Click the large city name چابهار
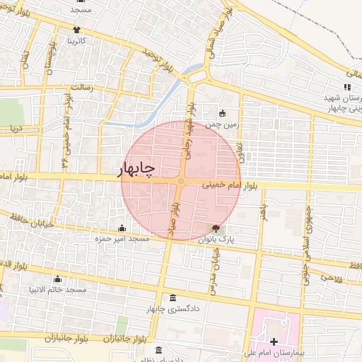click(134, 170)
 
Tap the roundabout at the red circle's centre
click(181, 182)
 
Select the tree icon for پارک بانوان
click(215, 228)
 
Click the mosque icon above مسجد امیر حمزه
click(122, 228)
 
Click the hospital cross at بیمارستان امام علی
click(274, 341)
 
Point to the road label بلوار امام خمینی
click(231, 185)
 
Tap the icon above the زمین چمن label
click(223, 113)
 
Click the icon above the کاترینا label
click(76, 30)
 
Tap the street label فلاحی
click(332, 277)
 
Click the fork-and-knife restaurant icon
click(346, 87)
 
